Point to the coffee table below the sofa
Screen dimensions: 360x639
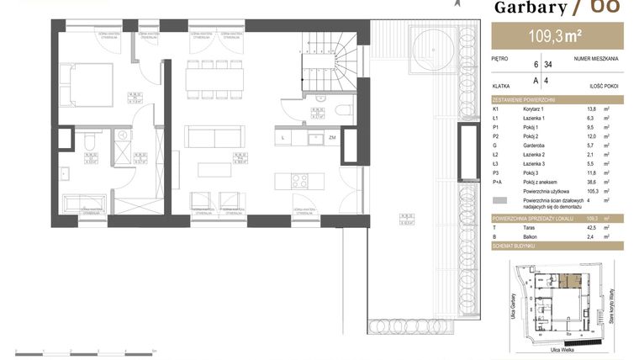coord(215,168)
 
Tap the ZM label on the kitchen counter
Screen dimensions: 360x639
coord(333,137)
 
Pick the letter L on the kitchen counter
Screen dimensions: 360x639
coord(283,137)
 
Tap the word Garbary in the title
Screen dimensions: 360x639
coord(530,8)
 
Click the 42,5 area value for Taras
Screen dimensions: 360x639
coord(593,227)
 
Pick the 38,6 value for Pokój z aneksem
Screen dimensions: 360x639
coord(592,183)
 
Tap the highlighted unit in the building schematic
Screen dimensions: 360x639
coord(572,281)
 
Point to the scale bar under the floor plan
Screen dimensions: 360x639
coord(85,349)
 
